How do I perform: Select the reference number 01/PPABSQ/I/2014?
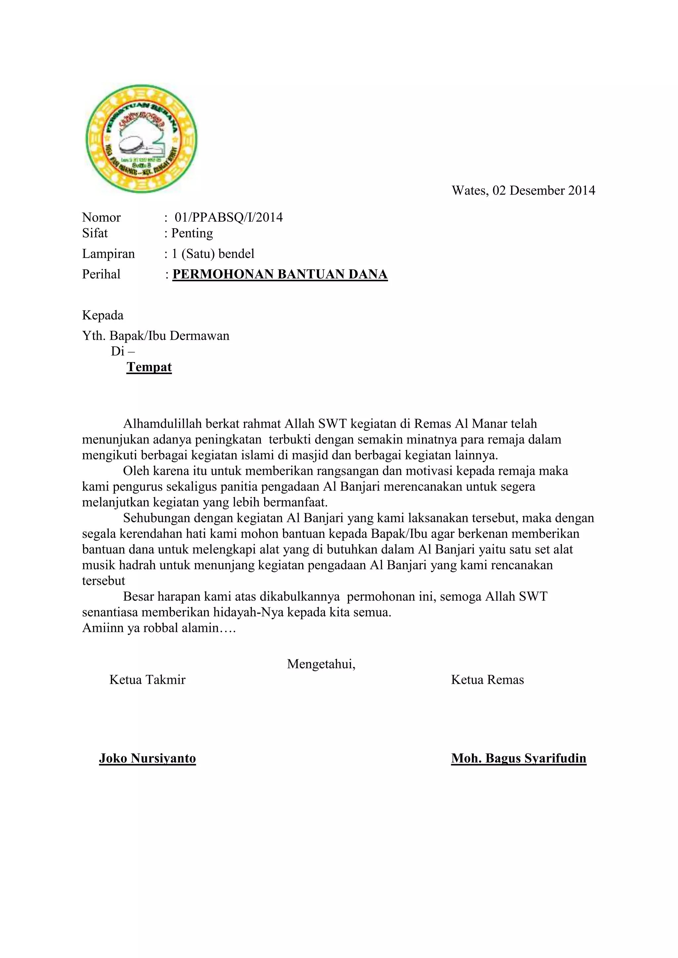click(x=228, y=217)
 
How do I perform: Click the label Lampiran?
click(x=108, y=254)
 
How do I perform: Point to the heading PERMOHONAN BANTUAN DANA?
click(x=280, y=275)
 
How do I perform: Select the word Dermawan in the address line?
click(x=200, y=336)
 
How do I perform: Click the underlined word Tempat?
click(x=149, y=367)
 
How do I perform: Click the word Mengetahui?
click(x=321, y=664)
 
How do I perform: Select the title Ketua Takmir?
click(x=147, y=680)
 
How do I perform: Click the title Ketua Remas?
click(x=487, y=680)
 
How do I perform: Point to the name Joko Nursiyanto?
click(x=147, y=758)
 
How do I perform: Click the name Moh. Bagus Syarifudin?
click(x=518, y=758)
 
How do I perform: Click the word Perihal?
click(x=101, y=275)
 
